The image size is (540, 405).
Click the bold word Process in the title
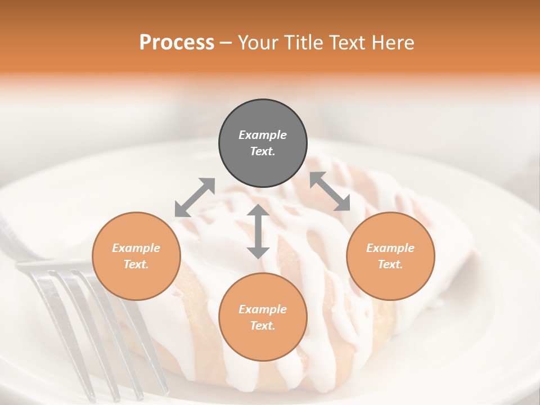(177, 43)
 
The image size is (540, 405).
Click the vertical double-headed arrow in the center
(258, 231)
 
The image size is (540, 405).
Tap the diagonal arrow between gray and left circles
(195, 197)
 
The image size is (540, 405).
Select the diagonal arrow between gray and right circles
(330, 191)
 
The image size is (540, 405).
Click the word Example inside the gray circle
(263, 135)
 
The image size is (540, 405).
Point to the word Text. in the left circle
(136, 264)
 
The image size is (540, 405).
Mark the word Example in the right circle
(390, 248)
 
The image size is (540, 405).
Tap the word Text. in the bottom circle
(263, 326)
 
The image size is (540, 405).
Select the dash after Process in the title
(226, 43)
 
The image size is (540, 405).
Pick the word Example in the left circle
(136, 248)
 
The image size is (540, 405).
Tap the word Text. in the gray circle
(263, 151)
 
